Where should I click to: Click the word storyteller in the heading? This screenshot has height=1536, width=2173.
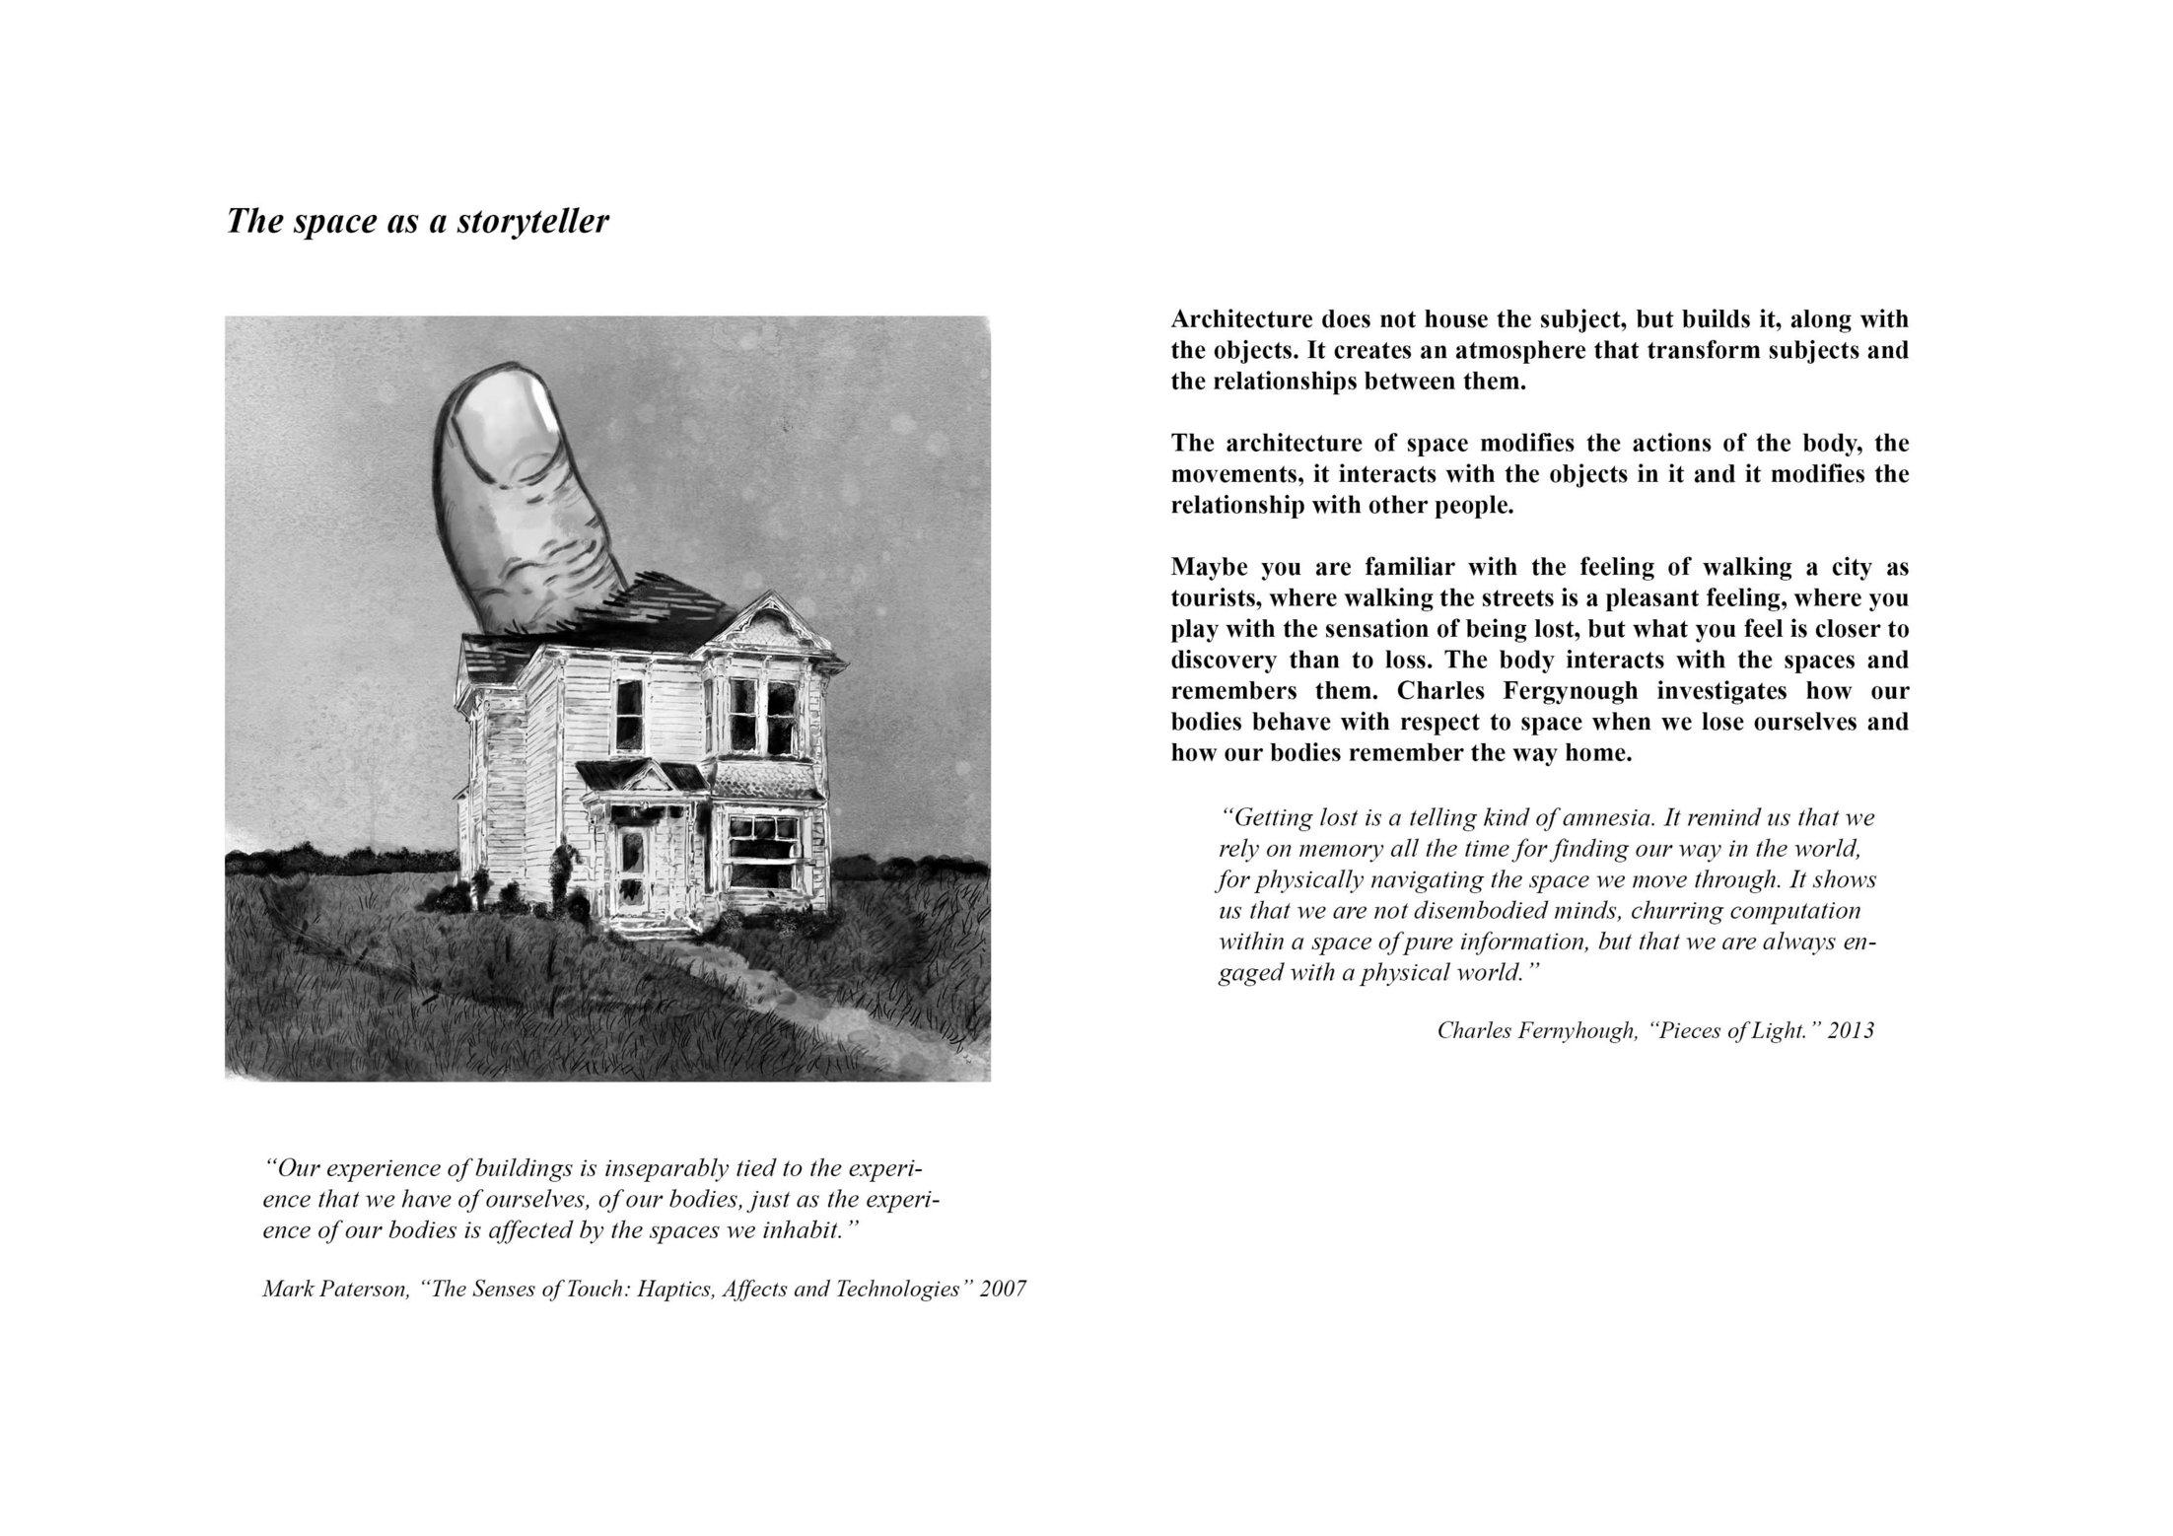(x=532, y=222)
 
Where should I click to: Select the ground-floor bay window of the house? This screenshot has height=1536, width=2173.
(x=762, y=850)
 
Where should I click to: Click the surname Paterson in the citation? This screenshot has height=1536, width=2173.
(x=365, y=1290)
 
